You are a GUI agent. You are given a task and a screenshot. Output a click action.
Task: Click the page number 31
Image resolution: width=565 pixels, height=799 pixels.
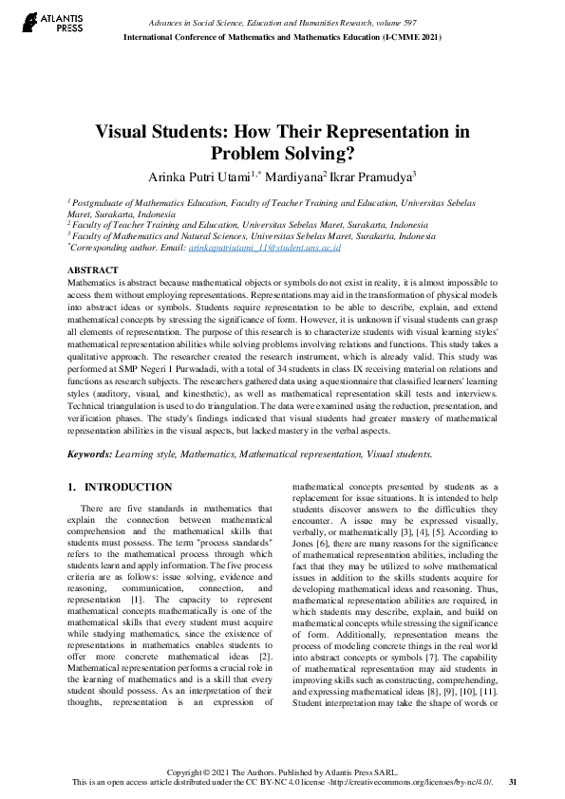pos(513,782)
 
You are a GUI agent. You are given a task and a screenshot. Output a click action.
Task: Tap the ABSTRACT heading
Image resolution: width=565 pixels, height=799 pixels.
pos(93,270)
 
